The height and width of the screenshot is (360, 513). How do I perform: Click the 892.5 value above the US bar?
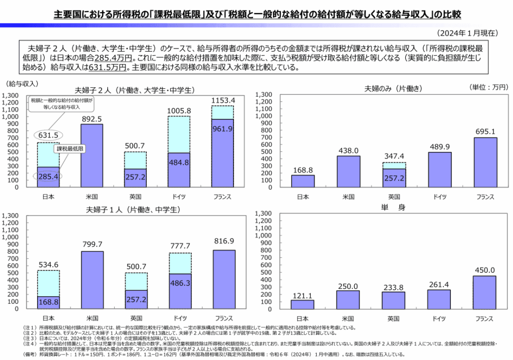coord(92,119)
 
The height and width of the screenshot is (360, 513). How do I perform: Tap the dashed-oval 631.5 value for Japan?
coord(48,135)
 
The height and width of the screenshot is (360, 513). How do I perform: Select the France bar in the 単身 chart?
coord(484,293)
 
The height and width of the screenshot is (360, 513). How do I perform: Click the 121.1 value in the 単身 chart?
coord(303,295)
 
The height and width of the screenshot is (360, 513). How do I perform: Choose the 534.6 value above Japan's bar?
coord(48,264)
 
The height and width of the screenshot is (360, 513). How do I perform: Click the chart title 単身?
coord(394,207)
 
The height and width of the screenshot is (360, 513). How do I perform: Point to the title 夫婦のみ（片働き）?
coord(393,88)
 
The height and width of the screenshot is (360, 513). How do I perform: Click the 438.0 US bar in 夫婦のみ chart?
coord(348,171)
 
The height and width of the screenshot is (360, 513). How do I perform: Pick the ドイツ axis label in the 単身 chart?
coord(439,318)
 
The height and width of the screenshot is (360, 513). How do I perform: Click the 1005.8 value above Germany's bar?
coord(178,110)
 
